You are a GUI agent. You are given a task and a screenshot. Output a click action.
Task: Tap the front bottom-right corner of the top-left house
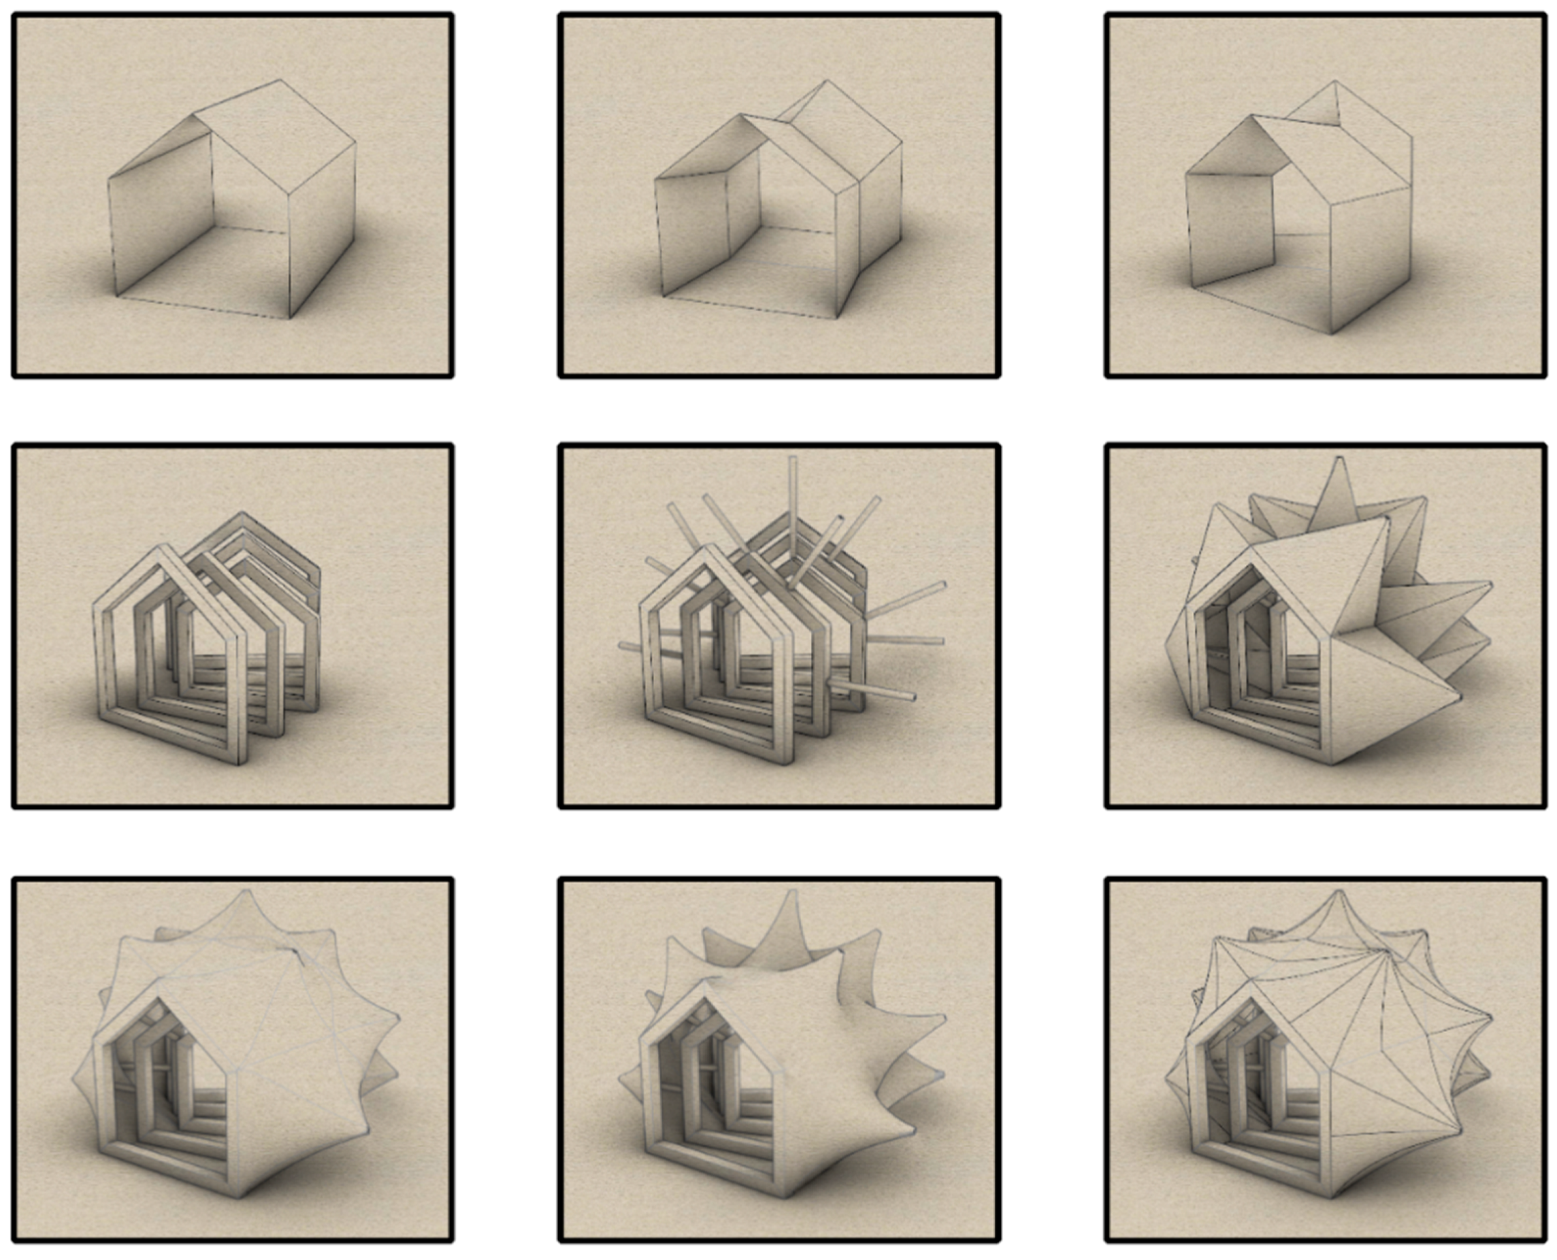pos(290,318)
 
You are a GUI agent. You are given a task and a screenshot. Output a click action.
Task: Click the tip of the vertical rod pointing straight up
pos(793,459)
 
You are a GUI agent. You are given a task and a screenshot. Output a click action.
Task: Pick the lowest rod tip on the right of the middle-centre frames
pos(913,698)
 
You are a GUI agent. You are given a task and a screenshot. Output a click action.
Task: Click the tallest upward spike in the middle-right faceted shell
pos(1340,459)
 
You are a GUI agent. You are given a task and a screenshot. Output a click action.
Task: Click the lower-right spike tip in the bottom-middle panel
pos(913,1132)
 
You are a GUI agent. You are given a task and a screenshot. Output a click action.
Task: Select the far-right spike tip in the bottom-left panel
pos(399,1018)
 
